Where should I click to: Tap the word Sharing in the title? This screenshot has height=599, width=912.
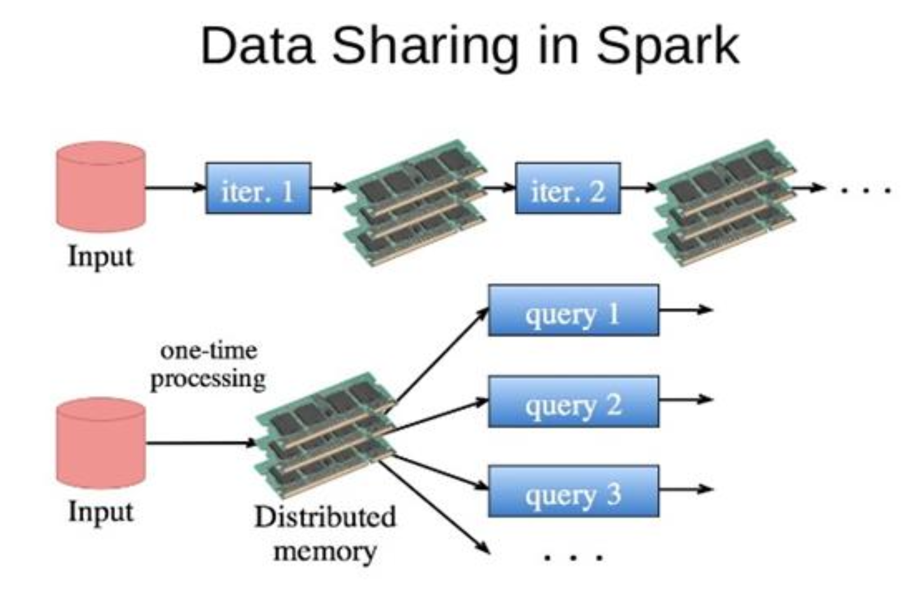tap(425, 46)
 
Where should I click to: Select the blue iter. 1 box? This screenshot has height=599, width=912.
tap(258, 188)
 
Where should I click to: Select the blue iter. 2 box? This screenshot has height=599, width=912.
tap(567, 188)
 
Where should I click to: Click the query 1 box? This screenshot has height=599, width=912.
tap(573, 310)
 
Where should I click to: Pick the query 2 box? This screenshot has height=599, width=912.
tap(573, 401)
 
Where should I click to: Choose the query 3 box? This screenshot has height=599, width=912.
tap(573, 492)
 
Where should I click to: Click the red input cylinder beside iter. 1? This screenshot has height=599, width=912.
tap(100, 187)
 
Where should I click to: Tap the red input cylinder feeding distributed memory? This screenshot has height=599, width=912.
tap(100, 443)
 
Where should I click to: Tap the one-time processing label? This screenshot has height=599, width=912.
tap(208, 365)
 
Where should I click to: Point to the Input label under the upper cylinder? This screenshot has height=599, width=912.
tap(100, 257)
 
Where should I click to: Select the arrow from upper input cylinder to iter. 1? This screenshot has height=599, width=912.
tap(176, 188)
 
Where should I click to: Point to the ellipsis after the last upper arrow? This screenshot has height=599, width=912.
tap(866, 189)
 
